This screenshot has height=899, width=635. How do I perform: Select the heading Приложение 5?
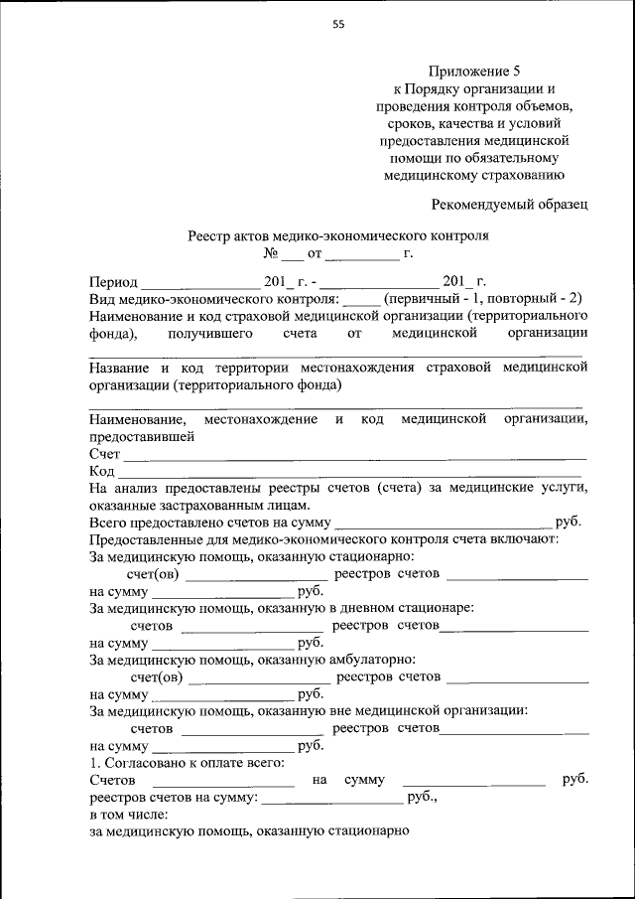[474, 72]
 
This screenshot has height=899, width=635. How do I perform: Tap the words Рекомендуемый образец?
[510, 204]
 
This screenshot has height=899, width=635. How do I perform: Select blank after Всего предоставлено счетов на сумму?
[444, 522]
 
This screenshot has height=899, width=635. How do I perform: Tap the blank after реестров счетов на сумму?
[332, 797]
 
